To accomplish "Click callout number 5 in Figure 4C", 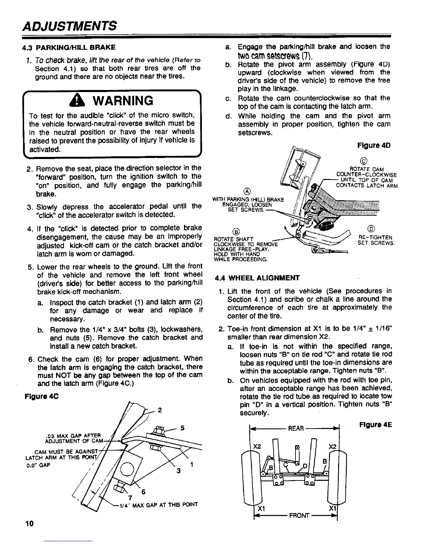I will point(183,428).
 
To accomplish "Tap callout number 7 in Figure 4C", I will point(130,498).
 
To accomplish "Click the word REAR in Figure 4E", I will point(296,428).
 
